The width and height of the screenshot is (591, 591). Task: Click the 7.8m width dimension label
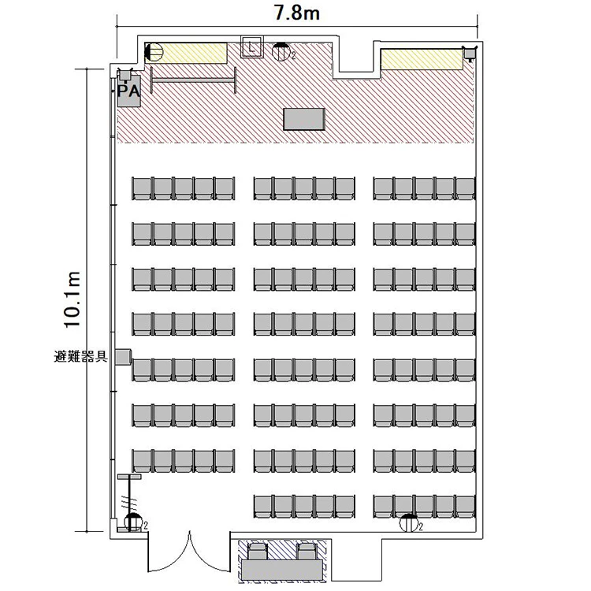(x=296, y=13)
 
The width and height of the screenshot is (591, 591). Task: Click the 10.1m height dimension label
(x=72, y=299)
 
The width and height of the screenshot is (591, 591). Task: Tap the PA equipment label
(x=128, y=91)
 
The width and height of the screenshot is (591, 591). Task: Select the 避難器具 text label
(x=80, y=356)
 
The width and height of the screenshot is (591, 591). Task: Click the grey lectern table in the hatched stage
(x=304, y=119)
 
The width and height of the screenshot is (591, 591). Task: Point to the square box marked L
(x=252, y=47)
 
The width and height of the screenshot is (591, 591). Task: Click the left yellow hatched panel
(x=186, y=53)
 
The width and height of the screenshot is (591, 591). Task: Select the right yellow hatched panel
(x=422, y=59)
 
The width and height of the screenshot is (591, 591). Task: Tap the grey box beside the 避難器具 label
(x=123, y=356)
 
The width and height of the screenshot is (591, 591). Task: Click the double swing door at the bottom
(x=189, y=551)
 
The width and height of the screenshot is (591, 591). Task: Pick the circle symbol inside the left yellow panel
(x=154, y=52)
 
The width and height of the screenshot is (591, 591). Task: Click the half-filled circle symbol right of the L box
(x=281, y=52)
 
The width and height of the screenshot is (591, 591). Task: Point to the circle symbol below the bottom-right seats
(x=409, y=522)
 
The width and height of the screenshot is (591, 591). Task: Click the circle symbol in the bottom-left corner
(x=133, y=522)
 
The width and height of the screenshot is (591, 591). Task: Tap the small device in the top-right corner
(x=470, y=53)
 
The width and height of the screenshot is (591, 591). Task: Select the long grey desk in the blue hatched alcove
(x=282, y=571)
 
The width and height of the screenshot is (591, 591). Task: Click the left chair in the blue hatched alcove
(x=258, y=552)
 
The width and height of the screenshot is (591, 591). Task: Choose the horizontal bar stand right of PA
(x=193, y=80)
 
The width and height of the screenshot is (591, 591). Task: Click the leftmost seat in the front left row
(x=142, y=188)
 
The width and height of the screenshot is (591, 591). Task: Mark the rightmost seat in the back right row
(x=465, y=506)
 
